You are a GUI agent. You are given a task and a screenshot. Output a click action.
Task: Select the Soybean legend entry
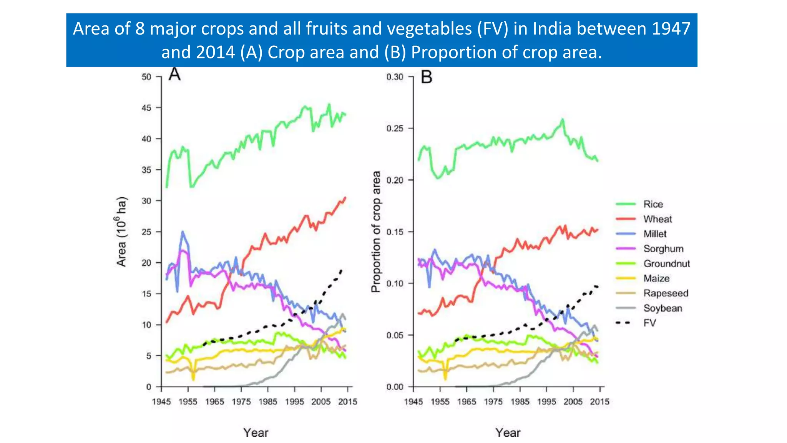662,308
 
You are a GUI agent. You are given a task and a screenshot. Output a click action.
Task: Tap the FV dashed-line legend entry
649,323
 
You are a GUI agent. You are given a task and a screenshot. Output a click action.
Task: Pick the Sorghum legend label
663,249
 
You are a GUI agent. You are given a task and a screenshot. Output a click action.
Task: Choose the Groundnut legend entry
666,264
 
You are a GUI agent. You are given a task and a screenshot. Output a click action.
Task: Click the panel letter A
174,74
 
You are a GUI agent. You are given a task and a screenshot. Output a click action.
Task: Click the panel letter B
427,77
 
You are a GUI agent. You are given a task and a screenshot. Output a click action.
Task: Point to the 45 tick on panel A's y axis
146,108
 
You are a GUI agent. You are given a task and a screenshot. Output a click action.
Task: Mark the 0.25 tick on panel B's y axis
395,128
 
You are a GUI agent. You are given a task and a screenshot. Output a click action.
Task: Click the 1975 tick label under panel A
241,402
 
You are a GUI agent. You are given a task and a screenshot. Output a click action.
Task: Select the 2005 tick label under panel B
573,402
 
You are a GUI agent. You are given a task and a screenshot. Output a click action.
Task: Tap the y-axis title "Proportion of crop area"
376,231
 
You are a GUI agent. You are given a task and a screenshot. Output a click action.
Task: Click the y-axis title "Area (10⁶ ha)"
121,231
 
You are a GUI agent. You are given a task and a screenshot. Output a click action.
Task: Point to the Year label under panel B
508,433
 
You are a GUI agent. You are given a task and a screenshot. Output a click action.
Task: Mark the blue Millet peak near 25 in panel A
183,232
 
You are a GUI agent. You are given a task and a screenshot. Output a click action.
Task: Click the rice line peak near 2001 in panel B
563,120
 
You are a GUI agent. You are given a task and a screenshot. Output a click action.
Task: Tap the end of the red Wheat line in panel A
345,198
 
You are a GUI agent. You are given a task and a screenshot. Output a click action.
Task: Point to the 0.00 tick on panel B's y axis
395,387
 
